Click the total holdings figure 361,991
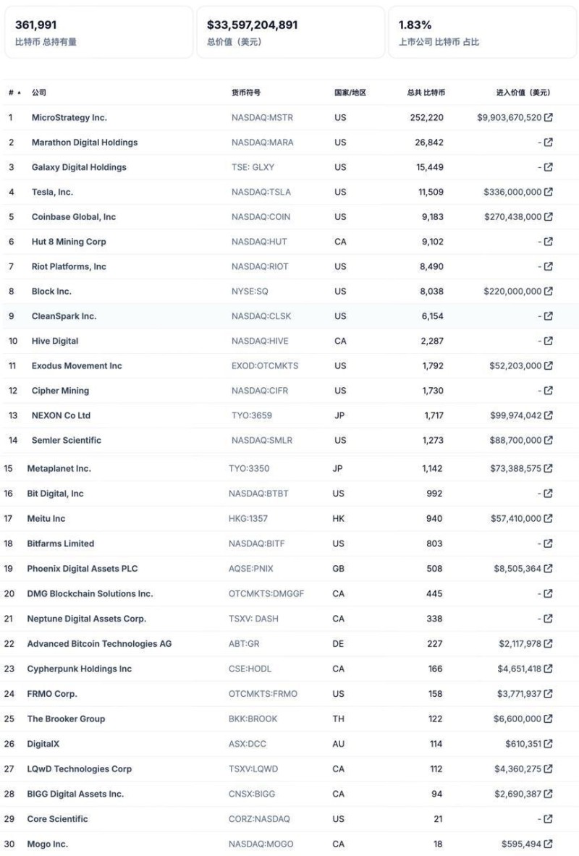point(35,25)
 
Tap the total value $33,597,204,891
point(252,25)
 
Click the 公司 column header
point(39,93)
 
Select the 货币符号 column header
point(246,93)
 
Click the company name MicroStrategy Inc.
point(69,117)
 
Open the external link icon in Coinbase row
point(549,216)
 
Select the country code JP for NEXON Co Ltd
point(339,415)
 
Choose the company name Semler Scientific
point(67,440)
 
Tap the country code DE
point(338,643)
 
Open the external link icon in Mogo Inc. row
point(549,844)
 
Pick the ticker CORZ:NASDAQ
point(260,818)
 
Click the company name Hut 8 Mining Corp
point(69,242)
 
